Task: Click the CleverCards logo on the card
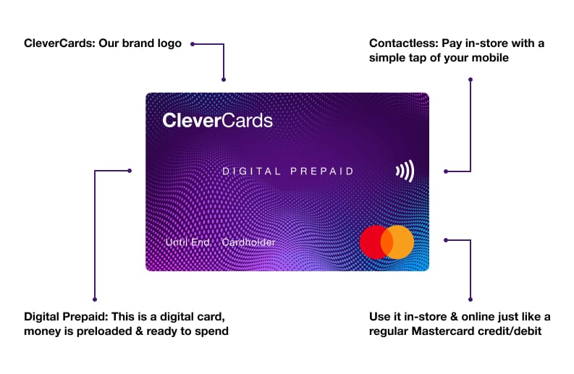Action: coord(217,120)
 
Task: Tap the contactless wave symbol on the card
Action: coord(405,171)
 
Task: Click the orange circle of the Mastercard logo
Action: coord(398,242)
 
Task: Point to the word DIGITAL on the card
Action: coord(250,171)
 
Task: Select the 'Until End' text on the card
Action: coord(187,242)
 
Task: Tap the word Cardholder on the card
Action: coord(248,242)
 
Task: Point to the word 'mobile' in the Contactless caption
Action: coord(493,58)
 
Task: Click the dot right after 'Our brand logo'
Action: coord(193,43)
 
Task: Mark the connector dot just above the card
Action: coord(224,80)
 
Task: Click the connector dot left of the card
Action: coord(130,171)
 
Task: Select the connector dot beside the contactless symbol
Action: coord(446,171)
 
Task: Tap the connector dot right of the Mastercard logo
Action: coord(446,239)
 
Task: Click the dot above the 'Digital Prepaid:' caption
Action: coord(95,298)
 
